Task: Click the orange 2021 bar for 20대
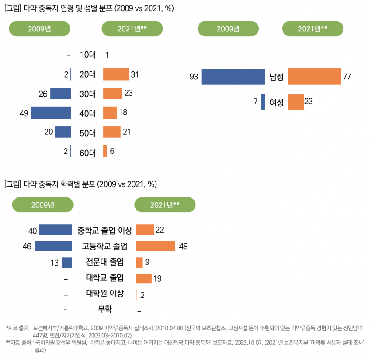tap(116, 74)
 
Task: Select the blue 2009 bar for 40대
tap(51, 113)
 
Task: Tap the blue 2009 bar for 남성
tap(233, 77)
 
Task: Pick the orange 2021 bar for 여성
tap(296, 102)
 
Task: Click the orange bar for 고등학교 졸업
tap(155, 246)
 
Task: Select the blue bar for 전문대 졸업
tap(67, 262)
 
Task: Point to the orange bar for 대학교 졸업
tap(144, 278)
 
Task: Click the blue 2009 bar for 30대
tap(61, 94)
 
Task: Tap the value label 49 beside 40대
tap(24, 113)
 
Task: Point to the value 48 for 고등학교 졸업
tap(184, 247)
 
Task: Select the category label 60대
tap(87, 153)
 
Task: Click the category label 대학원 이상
tap(105, 293)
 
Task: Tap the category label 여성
tap(277, 102)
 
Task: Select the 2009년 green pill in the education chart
tap(43, 204)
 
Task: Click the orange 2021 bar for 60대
tap(105, 151)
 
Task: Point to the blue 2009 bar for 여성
tap(263, 102)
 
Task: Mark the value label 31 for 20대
tap(135, 75)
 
